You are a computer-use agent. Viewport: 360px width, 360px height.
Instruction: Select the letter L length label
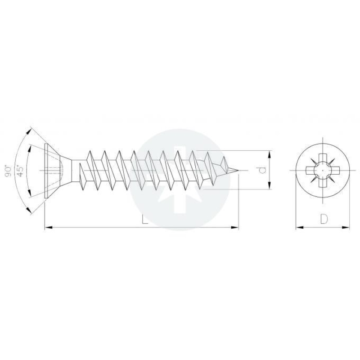click(x=144, y=219)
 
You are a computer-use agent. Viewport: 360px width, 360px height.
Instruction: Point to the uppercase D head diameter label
click(x=324, y=219)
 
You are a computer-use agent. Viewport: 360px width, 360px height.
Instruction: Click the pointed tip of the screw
click(x=238, y=171)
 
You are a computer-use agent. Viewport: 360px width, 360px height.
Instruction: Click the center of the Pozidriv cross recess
click(x=323, y=171)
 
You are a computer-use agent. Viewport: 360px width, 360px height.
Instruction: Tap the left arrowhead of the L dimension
click(x=49, y=227)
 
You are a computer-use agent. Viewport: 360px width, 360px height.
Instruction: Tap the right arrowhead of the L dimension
click(x=234, y=227)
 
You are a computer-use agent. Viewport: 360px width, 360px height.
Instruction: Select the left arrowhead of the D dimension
click(x=299, y=227)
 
